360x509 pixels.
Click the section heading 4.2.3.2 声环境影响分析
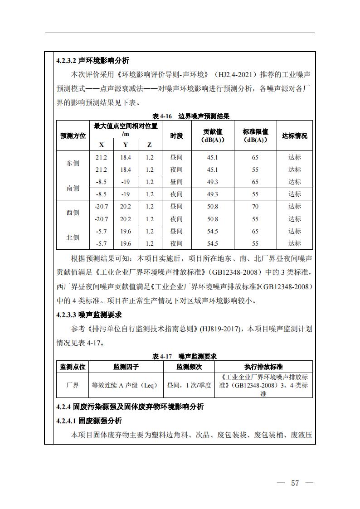92,61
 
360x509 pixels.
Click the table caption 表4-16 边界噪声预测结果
184,116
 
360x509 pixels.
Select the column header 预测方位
73,136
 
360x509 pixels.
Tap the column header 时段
176,136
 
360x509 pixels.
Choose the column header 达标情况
294,136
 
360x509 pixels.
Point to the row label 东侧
73,164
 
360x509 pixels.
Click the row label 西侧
73,213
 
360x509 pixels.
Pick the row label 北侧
73,238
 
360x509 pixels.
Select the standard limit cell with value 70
255,207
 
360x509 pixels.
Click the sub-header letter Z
149,145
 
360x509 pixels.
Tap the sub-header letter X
101,145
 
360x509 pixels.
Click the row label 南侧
73,188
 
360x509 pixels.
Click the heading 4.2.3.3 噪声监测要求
89,315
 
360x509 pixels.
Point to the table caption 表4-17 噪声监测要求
184,356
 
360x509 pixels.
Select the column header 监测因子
126,367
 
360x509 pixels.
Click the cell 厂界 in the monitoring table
73,385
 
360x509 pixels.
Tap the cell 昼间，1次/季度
189,385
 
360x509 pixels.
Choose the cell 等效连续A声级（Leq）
125,385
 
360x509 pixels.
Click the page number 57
295,483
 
